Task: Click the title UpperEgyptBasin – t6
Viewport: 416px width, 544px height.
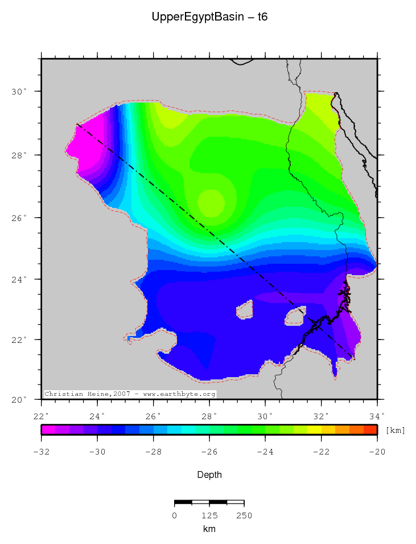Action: click(209, 17)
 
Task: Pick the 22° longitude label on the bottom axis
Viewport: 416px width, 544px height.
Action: click(42, 416)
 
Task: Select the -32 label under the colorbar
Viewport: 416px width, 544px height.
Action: click(42, 452)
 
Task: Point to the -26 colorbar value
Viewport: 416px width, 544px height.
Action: click(209, 452)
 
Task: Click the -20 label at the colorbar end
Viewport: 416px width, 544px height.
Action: click(377, 452)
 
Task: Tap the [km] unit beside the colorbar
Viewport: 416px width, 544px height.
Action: click(395, 430)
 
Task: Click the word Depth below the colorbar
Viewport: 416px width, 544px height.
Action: click(209, 475)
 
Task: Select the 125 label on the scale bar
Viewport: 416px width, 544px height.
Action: click(209, 516)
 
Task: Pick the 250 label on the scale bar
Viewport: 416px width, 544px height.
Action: click(244, 516)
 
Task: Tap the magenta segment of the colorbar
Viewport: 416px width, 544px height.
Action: click(48, 430)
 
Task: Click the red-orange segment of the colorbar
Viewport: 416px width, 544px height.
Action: click(370, 430)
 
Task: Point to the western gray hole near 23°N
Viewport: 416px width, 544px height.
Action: click(245, 310)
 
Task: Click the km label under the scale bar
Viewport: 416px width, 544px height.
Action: click(209, 529)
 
